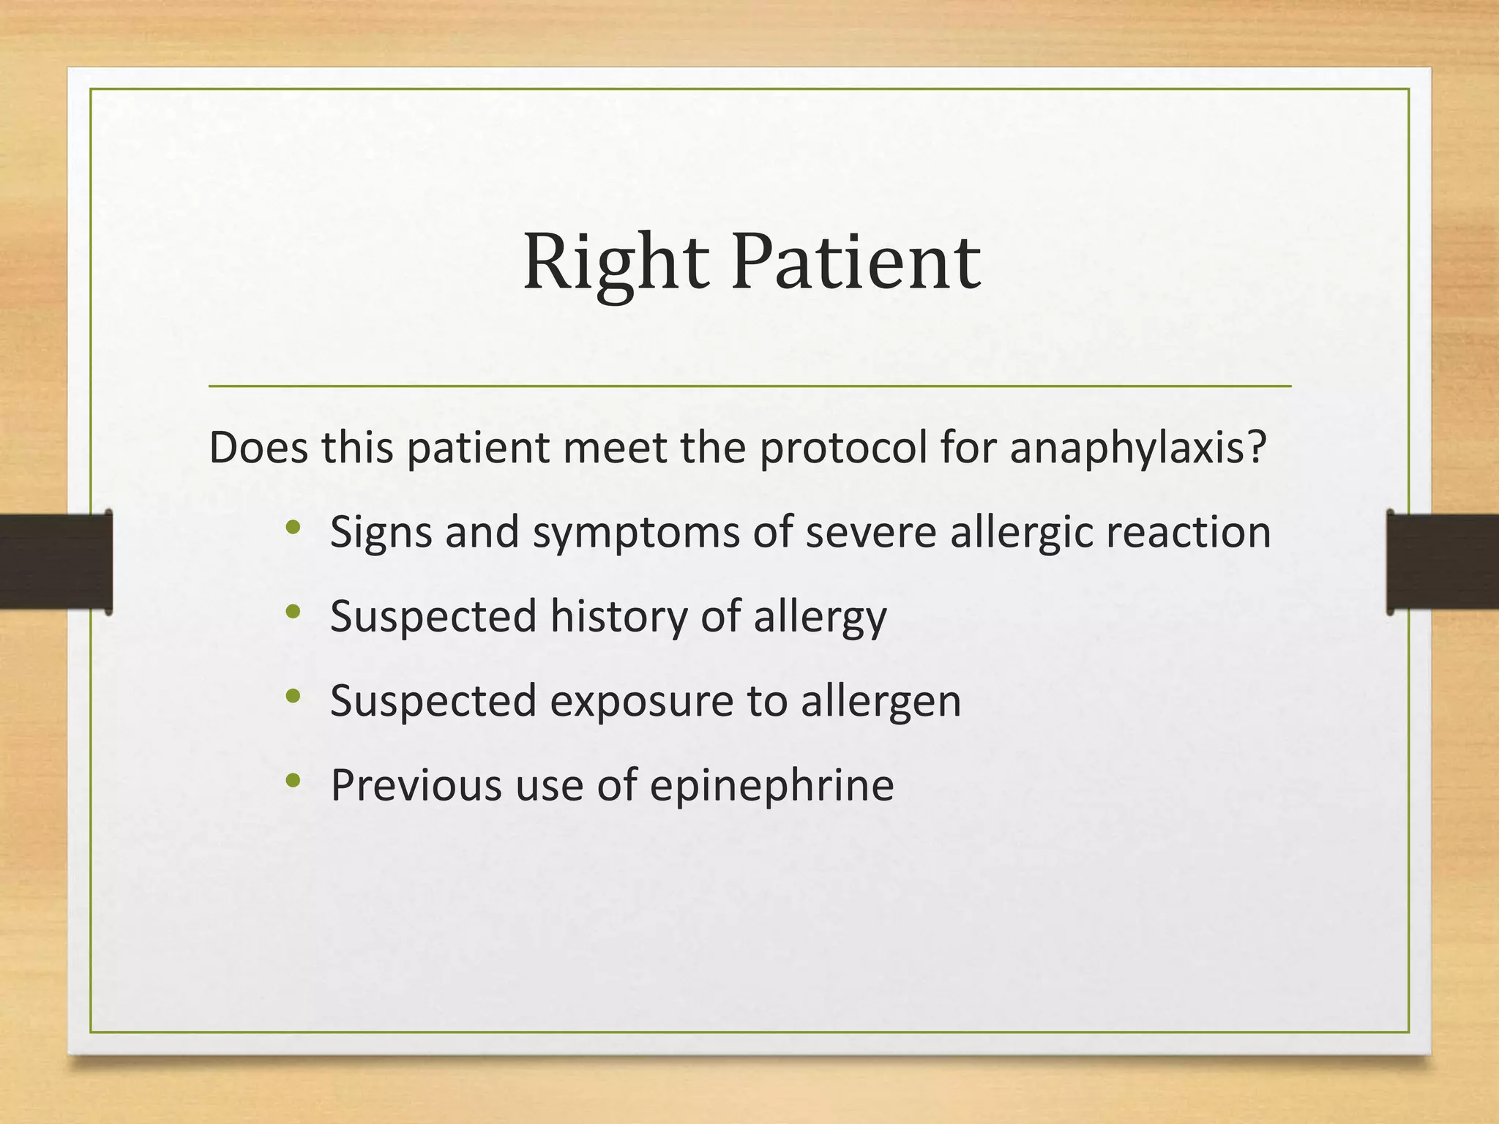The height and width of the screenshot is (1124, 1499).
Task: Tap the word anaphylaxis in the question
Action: pos(1137,449)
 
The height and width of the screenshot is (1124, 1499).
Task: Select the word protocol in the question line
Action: pos(843,449)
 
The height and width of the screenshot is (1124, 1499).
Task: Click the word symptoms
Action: pos(636,533)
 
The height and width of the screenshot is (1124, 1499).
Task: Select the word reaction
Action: pos(1188,533)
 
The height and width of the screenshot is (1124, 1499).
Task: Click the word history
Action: pos(618,616)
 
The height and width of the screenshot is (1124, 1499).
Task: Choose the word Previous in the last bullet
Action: pos(416,785)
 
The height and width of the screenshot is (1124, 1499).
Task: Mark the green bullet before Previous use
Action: pos(294,781)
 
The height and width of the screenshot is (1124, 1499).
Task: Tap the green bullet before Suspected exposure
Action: pos(294,696)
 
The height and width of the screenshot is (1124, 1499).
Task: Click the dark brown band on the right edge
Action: pos(1442,561)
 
